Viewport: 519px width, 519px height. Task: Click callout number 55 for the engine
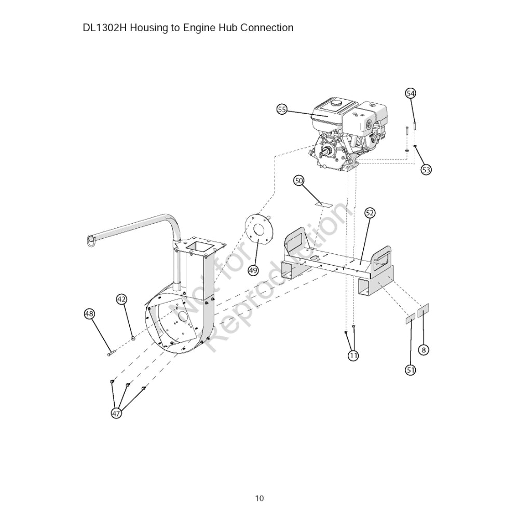coord(282,109)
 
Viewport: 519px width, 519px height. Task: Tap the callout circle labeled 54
coord(411,93)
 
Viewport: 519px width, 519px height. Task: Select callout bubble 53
coord(426,169)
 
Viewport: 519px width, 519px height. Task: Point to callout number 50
coord(298,181)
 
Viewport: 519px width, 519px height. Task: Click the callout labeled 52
coord(370,212)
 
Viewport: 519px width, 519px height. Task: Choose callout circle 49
coord(253,270)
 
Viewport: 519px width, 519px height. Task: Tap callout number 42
coord(121,299)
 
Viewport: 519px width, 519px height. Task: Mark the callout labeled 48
coord(90,313)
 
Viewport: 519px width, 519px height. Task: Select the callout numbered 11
coord(353,356)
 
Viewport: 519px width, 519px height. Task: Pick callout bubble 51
coord(411,370)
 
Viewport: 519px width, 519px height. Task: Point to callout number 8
coord(424,350)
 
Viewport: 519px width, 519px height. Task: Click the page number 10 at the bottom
coord(259,499)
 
